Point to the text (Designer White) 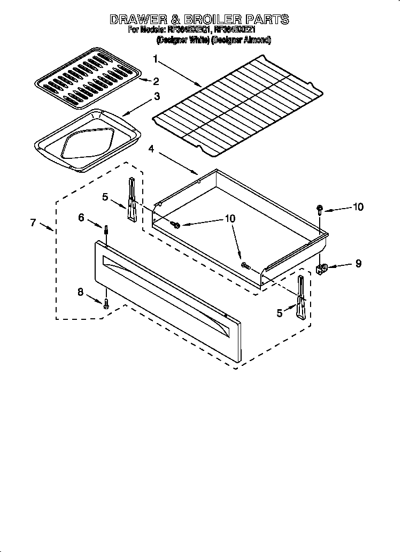(183, 40)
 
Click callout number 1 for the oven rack (155, 58)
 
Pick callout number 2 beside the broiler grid (156, 81)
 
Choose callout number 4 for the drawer (152, 149)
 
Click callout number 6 (81, 217)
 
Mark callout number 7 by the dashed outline (33, 223)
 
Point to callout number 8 (81, 292)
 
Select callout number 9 (358, 263)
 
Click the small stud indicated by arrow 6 (106, 231)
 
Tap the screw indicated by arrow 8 (106, 303)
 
